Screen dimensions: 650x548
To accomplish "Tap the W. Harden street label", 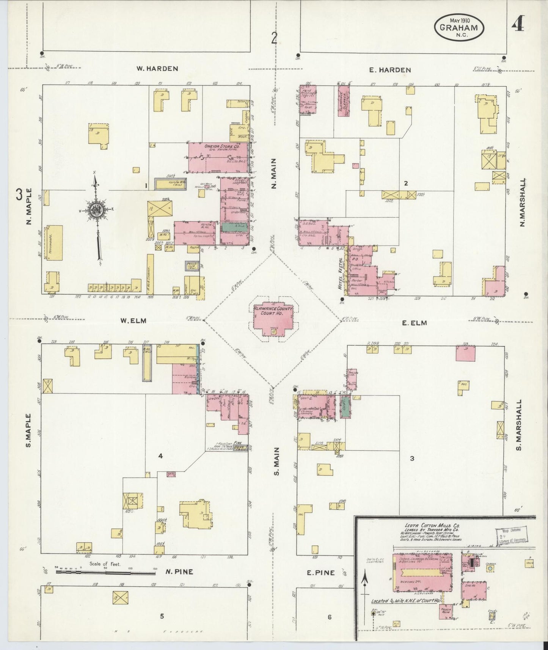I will coord(157,69).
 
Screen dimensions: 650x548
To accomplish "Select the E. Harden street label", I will coord(390,70).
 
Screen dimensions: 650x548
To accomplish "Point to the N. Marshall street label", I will coord(522,203).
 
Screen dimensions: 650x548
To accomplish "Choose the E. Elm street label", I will coord(414,323).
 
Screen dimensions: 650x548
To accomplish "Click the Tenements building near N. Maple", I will coord(54,243).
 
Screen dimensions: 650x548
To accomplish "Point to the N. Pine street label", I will coord(179,571).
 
